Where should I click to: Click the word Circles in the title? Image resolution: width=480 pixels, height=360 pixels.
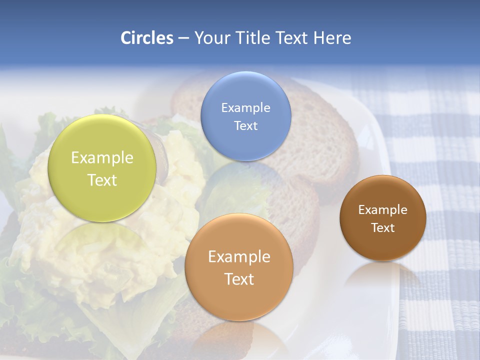(x=146, y=38)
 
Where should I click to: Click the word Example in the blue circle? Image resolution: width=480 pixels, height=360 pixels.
(x=245, y=108)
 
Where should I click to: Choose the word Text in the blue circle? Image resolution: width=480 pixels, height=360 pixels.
(x=245, y=125)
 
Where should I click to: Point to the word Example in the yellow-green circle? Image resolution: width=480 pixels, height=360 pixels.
(x=102, y=158)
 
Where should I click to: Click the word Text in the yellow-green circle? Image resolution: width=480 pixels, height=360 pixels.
(x=102, y=180)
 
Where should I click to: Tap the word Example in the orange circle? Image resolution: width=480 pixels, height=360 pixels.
(x=239, y=257)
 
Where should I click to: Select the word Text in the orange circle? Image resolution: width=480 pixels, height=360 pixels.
(x=239, y=279)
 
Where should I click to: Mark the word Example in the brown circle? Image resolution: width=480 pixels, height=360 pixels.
(x=382, y=210)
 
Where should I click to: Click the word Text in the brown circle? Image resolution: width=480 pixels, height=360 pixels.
(x=382, y=228)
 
